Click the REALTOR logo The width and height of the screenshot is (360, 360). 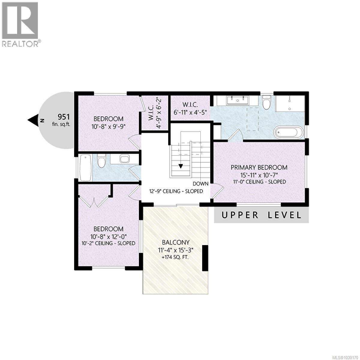(x=20, y=24)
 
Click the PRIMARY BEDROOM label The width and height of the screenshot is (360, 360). (x=259, y=167)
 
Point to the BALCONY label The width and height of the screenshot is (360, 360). (x=175, y=242)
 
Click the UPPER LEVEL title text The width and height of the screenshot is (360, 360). (x=261, y=215)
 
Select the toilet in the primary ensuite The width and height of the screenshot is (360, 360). (x=266, y=103)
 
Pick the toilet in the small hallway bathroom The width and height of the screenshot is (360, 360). (x=101, y=160)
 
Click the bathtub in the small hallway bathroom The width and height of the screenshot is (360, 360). (x=85, y=168)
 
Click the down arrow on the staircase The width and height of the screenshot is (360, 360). (x=181, y=166)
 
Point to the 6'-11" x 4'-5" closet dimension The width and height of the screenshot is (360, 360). (x=190, y=114)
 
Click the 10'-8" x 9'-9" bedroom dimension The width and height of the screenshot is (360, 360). (x=108, y=126)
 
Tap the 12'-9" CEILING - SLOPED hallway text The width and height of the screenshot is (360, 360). (x=176, y=191)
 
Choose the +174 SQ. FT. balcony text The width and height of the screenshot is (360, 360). (x=175, y=257)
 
